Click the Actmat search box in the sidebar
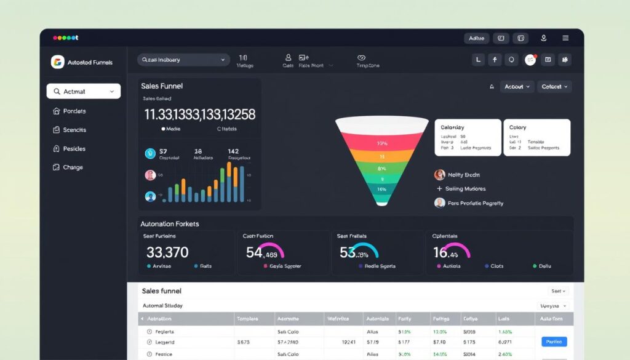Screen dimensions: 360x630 pyautogui.click(x=84, y=92)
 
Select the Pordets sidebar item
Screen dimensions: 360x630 pyautogui.click(x=74, y=111)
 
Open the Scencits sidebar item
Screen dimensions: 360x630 pyautogui.click(x=74, y=130)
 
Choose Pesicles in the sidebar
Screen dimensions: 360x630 pyautogui.click(x=74, y=148)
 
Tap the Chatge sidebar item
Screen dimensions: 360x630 pyautogui.click(x=73, y=167)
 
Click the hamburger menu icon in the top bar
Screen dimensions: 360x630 pyautogui.click(x=565, y=38)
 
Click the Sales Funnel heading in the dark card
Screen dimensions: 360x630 pyautogui.click(x=162, y=86)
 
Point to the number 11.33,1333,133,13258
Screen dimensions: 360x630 pyautogui.click(x=199, y=114)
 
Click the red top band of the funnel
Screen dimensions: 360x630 pyautogui.click(x=382, y=142)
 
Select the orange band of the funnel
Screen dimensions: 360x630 pyautogui.click(x=382, y=156)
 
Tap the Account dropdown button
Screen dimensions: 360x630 pyautogui.click(x=517, y=87)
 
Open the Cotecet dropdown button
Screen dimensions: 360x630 pyautogui.click(x=554, y=87)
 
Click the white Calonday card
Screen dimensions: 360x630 pyautogui.click(x=468, y=137)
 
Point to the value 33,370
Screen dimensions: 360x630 pyautogui.click(x=167, y=252)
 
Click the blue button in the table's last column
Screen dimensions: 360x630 pyautogui.click(x=554, y=342)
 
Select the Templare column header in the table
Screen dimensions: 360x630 pyautogui.click(x=247, y=319)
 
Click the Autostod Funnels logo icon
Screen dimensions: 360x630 pyautogui.click(x=57, y=62)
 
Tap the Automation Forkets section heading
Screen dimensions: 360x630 pyautogui.click(x=170, y=224)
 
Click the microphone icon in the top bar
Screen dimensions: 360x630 pyautogui.click(x=544, y=38)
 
